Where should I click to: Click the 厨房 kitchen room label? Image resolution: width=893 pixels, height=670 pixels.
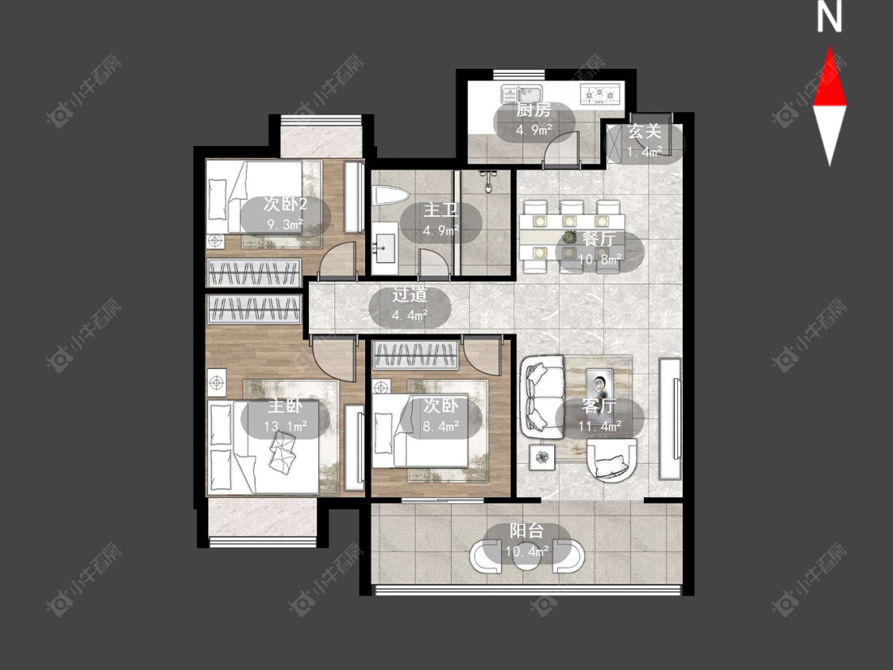click(x=533, y=110)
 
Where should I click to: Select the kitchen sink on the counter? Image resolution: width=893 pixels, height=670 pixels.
click(x=522, y=94)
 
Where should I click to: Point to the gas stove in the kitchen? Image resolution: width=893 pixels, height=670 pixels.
click(x=599, y=93)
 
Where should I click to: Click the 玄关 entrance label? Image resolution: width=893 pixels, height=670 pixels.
click(x=645, y=132)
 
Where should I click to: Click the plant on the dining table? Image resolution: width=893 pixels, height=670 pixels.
click(x=569, y=237)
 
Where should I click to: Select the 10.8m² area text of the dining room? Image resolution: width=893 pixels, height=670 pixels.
click(x=599, y=260)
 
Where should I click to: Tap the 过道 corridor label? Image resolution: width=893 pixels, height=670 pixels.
click(x=410, y=295)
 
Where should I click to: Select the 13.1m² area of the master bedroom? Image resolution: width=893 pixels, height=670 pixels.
click(x=285, y=425)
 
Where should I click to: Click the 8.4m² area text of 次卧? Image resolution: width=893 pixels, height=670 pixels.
click(x=441, y=425)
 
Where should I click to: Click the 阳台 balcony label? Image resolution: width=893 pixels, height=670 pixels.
click(x=526, y=531)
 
